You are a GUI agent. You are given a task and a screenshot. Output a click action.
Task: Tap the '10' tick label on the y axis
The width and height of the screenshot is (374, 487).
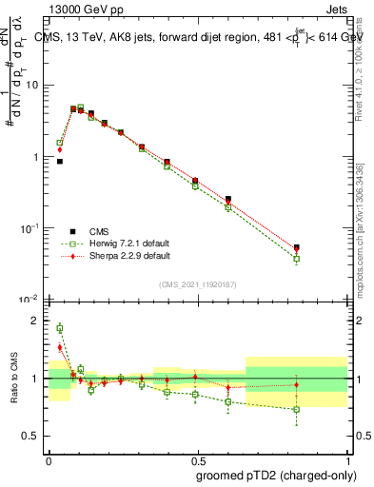(32, 86)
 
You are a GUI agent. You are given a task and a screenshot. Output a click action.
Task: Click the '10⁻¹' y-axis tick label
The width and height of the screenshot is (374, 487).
(30, 228)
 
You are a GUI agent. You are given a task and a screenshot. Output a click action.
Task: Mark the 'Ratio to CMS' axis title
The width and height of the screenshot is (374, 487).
(13, 379)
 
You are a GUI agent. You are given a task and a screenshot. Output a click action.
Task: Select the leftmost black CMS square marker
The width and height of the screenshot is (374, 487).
(60, 162)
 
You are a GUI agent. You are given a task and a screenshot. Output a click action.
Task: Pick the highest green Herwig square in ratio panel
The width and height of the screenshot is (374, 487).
(60, 328)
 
